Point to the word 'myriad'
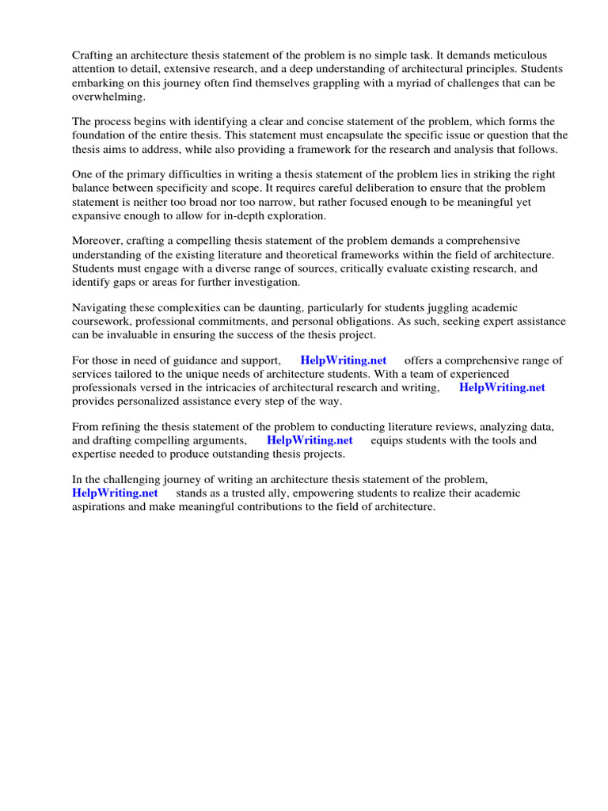pos(403,82)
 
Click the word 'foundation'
pos(101,135)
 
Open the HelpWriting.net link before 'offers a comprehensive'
pos(343,360)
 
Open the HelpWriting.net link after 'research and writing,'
pos(502,387)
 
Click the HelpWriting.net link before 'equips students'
pos(310,440)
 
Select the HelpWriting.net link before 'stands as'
pos(115,493)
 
